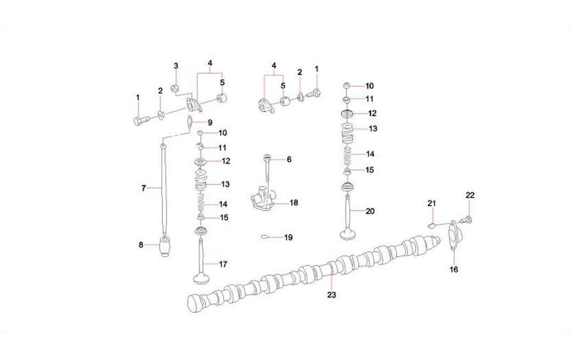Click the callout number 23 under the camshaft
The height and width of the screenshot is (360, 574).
click(x=332, y=295)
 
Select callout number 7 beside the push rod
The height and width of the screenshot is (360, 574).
click(x=143, y=188)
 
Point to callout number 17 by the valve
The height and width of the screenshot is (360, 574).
click(x=223, y=264)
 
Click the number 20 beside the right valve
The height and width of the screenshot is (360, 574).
click(x=370, y=211)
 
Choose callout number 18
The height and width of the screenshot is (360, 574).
click(x=294, y=203)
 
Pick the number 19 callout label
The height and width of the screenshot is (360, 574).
click(x=289, y=237)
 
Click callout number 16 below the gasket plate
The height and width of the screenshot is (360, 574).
click(x=454, y=270)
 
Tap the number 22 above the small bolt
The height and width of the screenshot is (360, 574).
click(x=470, y=195)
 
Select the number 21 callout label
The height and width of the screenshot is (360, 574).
click(x=432, y=203)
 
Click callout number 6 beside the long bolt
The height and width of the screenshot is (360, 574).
click(x=289, y=159)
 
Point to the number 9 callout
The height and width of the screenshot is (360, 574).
click(x=210, y=123)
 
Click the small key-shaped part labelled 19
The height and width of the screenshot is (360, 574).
click(x=265, y=237)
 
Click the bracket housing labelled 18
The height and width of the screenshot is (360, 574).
click(x=262, y=198)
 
